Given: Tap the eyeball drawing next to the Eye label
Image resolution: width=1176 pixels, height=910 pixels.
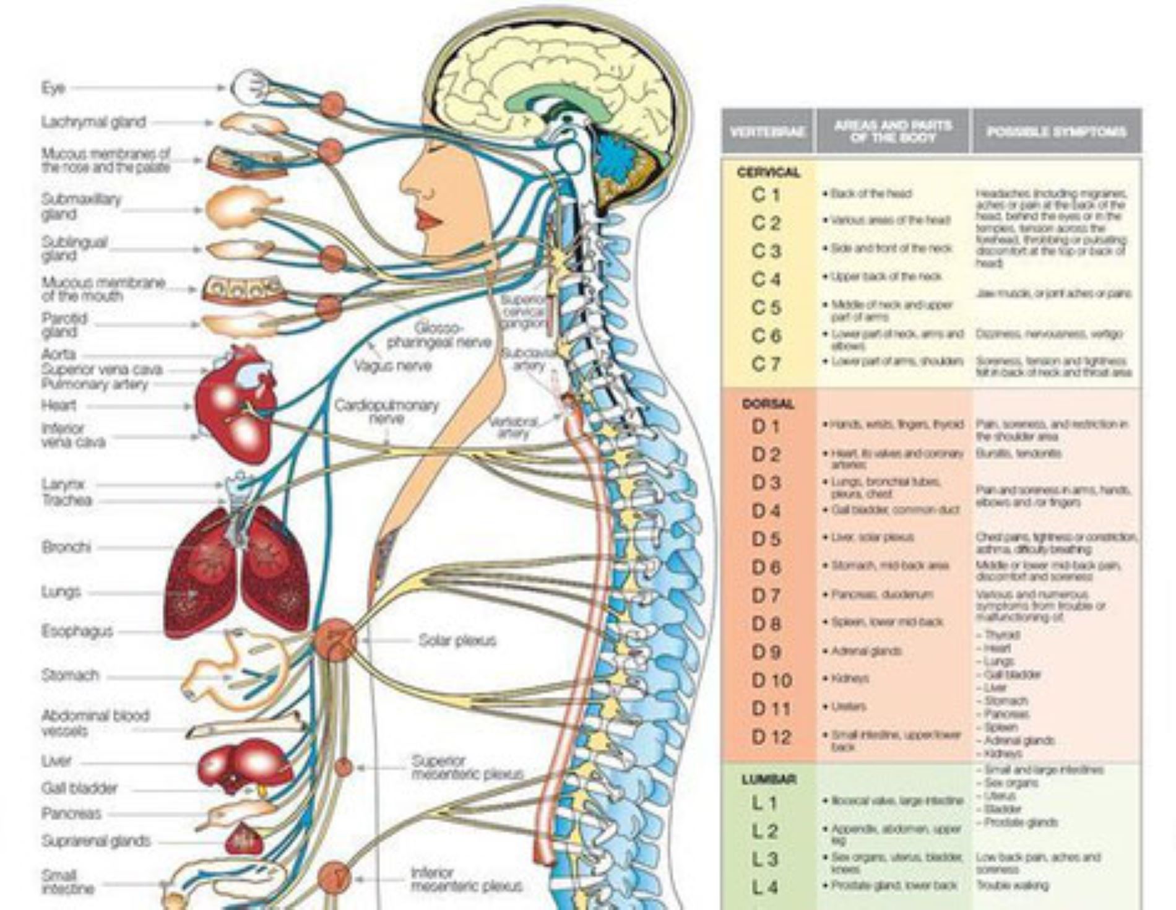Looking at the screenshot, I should coord(249,87).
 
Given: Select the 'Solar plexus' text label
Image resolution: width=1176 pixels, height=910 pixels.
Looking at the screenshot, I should coord(457,641).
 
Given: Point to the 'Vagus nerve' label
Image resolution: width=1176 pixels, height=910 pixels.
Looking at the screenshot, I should coord(392,366).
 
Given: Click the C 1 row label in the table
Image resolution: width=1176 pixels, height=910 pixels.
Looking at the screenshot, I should coord(766,195).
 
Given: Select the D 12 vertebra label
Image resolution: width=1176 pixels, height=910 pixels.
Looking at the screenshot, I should coord(771,737).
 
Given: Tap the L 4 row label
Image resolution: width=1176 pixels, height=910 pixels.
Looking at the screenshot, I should coord(766,887).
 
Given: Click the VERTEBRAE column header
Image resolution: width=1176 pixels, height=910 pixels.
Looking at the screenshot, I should coord(767,132).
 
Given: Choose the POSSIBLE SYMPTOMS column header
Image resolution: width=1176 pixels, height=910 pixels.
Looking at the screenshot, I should coord(1056,132).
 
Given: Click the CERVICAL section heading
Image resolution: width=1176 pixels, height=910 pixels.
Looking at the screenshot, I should coord(768,173).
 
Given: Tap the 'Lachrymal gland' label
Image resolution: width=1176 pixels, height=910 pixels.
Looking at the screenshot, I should coord(93,122).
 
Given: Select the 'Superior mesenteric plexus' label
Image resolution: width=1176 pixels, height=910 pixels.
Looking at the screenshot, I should coord(467,767).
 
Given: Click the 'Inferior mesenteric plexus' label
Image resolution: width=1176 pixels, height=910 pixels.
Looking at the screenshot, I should coord(466,880).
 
